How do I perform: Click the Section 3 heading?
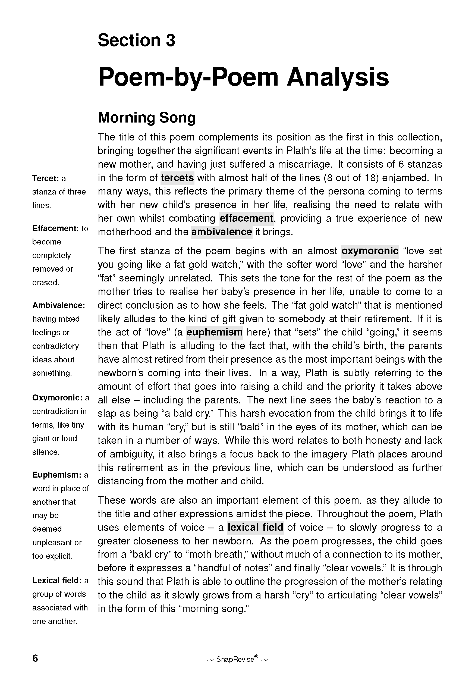[136, 40]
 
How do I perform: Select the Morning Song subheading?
[147, 117]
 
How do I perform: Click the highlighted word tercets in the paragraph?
[177, 178]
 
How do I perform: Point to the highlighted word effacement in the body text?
[246, 218]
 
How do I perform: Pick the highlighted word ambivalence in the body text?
[222, 232]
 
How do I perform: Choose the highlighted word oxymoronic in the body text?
[370, 251]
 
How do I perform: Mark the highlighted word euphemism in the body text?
[215, 332]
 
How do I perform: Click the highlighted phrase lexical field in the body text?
[255, 528]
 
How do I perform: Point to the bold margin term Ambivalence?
[59, 305]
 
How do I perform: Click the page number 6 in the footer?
[35, 658]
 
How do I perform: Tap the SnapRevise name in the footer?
[235, 659]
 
